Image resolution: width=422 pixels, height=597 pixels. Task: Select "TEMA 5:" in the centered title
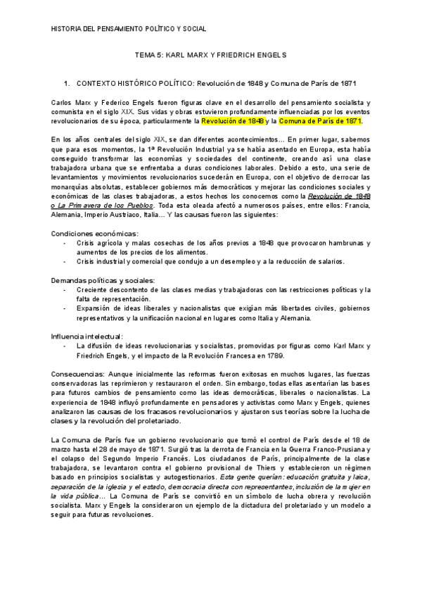click(149, 54)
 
